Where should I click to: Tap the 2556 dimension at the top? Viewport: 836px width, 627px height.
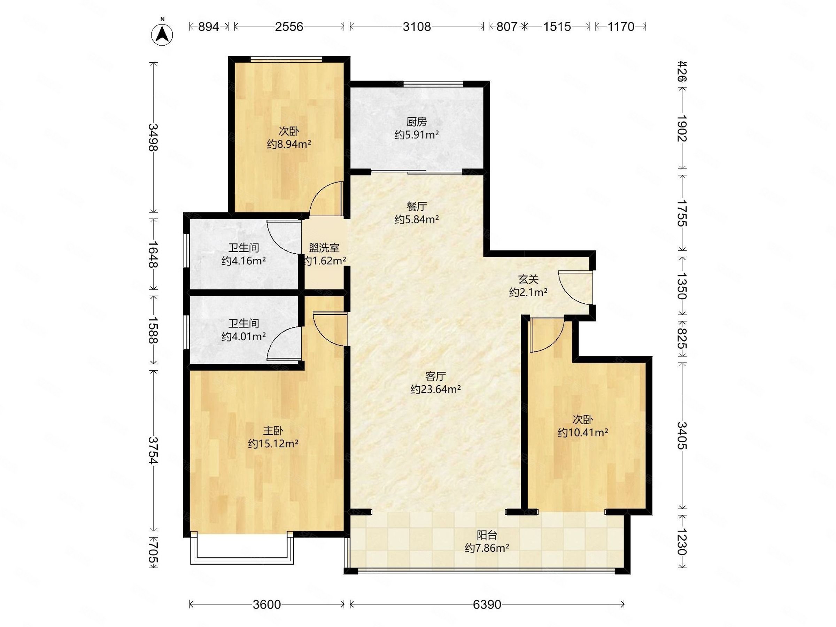click(x=289, y=26)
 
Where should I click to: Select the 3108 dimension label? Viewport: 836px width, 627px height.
click(x=417, y=26)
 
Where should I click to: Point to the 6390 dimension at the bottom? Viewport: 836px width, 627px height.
click(x=487, y=604)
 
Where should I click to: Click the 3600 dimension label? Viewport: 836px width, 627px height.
click(x=267, y=604)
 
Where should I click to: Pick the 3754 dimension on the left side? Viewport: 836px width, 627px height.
click(x=153, y=450)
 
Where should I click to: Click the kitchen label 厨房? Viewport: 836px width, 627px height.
click(x=417, y=122)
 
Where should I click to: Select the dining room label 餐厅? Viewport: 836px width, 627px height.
click(x=417, y=206)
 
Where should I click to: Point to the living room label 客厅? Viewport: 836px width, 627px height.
click(x=435, y=376)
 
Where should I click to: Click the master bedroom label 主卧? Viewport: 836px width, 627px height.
click(x=273, y=431)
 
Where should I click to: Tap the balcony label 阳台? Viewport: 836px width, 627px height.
click(x=487, y=535)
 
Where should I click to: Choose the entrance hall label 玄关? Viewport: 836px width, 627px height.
click(x=528, y=279)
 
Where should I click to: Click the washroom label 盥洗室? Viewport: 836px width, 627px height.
click(x=324, y=248)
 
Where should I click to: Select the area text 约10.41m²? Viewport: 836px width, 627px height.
click(x=583, y=432)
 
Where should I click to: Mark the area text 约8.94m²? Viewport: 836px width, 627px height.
click(x=289, y=144)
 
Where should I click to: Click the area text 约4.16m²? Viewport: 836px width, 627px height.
click(x=244, y=261)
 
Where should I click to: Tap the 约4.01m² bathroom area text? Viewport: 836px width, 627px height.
click(x=244, y=336)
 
